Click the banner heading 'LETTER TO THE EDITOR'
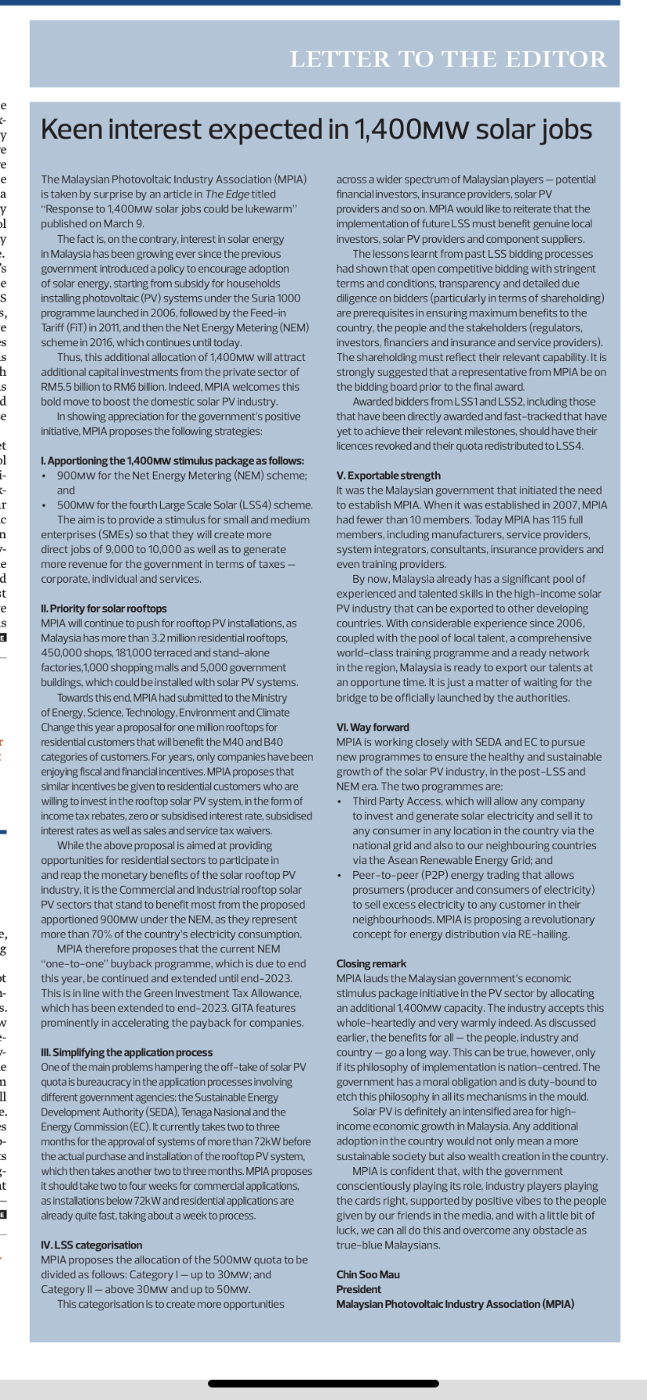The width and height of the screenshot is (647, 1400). coord(448,59)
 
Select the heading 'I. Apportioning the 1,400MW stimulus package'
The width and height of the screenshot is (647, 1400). coord(173,461)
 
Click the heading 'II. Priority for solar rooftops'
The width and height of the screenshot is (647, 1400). coord(104,609)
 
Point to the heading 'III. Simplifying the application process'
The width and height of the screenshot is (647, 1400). coord(127,1053)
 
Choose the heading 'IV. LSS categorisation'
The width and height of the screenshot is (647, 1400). coord(91,1245)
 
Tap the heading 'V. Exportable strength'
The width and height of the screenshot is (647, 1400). coord(388,476)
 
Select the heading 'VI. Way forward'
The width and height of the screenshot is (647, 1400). coord(373,727)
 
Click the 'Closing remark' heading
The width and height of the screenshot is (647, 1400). coord(371,964)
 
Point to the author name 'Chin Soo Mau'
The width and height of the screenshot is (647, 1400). coord(368,1275)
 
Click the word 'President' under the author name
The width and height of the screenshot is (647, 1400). coord(359,1290)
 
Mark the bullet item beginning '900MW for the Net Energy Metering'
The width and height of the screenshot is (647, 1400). coord(181,476)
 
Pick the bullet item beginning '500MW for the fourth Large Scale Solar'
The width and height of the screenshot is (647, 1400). coord(184,505)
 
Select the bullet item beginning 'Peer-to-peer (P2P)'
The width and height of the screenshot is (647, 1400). coord(463,876)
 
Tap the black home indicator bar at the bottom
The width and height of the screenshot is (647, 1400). coord(323,1384)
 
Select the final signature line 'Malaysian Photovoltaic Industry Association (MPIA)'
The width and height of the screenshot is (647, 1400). coord(455,1305)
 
